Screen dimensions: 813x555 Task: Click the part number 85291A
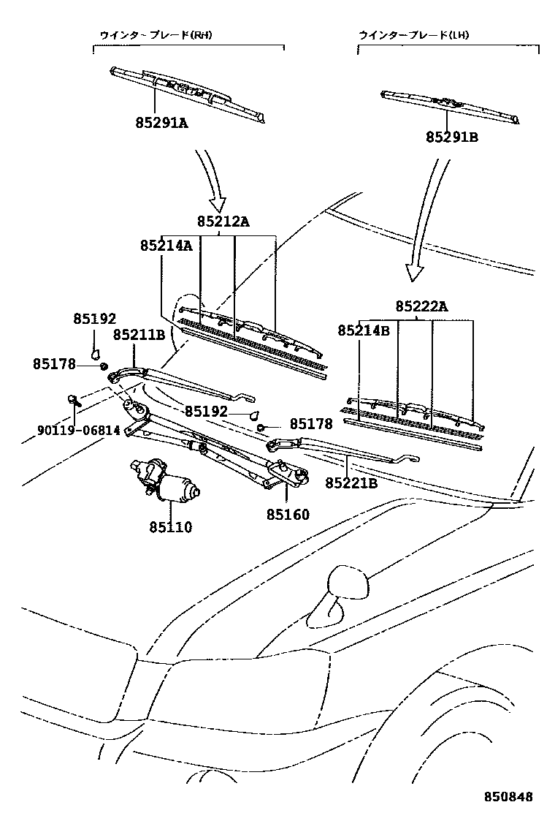click(161, 123)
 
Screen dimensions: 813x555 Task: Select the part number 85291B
click(453, 136)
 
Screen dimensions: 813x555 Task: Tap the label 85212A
click(223, 222)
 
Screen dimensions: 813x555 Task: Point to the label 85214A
click(166, 246)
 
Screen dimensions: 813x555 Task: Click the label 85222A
click(422, 307)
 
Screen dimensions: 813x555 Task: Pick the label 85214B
click(364, 330)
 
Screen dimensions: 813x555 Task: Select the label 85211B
click(139, 335)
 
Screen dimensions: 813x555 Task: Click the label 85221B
click(351, 483)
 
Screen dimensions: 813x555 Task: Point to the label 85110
click(171, 526)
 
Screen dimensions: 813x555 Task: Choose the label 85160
click(288, 515)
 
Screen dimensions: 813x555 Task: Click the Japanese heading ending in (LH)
click(413, 35)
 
